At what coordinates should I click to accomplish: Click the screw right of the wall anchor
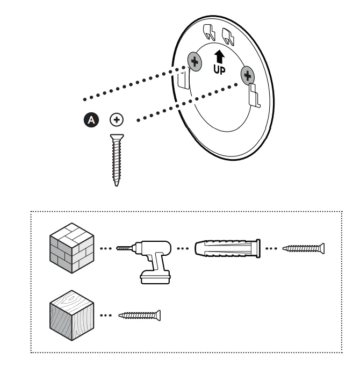coord(305,248)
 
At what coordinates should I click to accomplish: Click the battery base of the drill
coord(154,276)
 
